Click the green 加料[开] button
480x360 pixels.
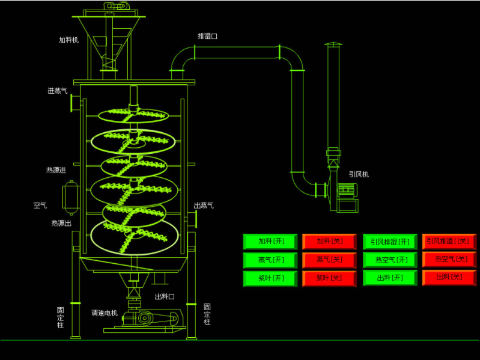[x=270, y=242]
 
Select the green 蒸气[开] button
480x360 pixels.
[x=270, y=260]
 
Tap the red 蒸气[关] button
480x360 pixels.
[x=329, y=260]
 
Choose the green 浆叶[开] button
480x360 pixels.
[x=270, y=278]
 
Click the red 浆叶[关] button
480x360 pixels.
[x=329, y=278]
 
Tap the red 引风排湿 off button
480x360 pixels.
[x=449, y=242]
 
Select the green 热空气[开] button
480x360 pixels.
[x=390, y=260]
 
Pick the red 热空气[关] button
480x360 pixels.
[x=449, y=259]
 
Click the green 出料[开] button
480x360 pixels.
[x=390, y=278]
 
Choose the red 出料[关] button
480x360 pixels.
[x=449, y=277]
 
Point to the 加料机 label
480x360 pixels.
[x=68, y=40]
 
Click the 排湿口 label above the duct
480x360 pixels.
[x=207, y=36]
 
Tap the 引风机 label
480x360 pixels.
[x=359, y=174]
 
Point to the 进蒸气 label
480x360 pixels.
[x=58, y=91]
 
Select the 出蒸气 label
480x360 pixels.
[x=204, y=206]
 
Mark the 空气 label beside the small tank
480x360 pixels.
[x=40, y=206]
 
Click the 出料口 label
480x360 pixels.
[x=165, y=296]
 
